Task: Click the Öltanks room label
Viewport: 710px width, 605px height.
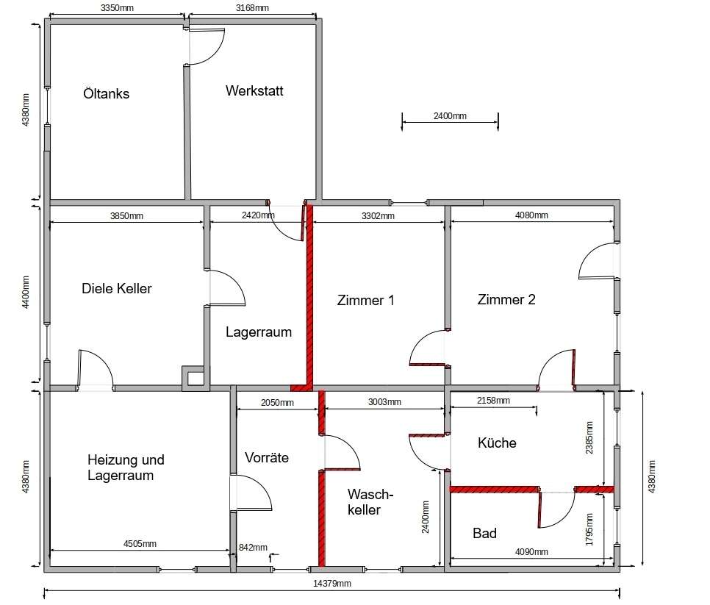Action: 107,94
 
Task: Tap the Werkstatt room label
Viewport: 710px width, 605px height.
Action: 254,90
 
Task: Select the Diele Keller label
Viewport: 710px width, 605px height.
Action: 117,288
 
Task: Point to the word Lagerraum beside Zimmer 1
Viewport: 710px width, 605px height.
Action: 259,332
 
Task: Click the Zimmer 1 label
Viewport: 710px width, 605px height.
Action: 366,300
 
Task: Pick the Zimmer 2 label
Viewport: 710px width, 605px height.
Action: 506,299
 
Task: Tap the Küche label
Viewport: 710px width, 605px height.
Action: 497,443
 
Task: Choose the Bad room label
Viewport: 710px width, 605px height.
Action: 484,533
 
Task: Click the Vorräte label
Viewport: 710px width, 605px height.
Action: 267,457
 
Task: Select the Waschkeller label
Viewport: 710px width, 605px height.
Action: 370,502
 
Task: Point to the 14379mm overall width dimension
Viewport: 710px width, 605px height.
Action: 332,584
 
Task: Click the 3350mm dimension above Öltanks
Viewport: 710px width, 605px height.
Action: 117,7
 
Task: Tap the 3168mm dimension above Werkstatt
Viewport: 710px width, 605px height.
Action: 252,7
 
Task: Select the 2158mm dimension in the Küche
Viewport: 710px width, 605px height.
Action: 494,401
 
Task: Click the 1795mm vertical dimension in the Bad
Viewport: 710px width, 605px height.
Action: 589,529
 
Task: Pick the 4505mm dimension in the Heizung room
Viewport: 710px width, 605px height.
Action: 140,544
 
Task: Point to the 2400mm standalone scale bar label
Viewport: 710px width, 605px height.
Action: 450,116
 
